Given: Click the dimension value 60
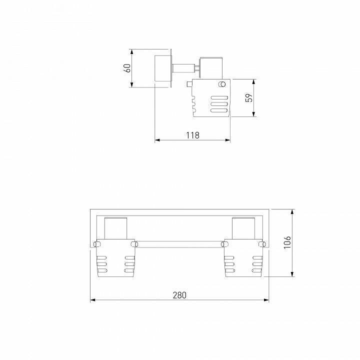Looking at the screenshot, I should (x=128, y=68).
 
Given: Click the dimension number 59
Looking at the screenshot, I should (x=248, y=98).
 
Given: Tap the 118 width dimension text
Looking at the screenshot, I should (x=192, y=135).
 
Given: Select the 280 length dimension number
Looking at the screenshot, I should (x=179, y=295).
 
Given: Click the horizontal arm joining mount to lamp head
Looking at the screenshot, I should (x=183, y=69).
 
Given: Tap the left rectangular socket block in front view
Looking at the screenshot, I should (x=116, y=229).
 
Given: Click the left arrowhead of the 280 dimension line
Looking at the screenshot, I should (x=92, y=300).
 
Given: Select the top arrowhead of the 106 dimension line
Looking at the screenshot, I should (x=292, y=211).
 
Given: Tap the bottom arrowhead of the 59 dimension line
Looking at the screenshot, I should (x=254, y=115).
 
